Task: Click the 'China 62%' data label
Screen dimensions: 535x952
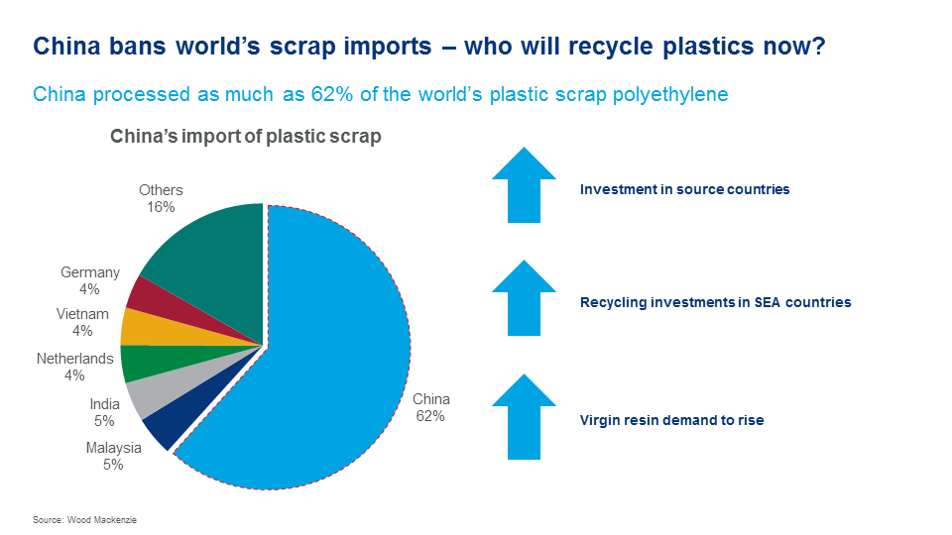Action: (x=431, y=407)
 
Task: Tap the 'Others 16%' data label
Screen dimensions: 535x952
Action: (x=161, y=198)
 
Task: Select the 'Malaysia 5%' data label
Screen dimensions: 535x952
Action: (x=114, y=456)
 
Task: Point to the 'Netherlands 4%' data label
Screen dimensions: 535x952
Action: (x=75, y=367)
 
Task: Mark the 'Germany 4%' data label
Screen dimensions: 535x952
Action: (x=90, y=280)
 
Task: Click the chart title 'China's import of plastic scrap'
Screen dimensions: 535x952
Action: (x=245, y=137)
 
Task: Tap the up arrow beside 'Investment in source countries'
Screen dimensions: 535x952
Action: (x=524, y=184)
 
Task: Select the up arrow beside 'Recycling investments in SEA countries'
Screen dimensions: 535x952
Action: (x=524, y=297)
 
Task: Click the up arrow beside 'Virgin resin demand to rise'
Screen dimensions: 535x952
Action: (x=524, y=416)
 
